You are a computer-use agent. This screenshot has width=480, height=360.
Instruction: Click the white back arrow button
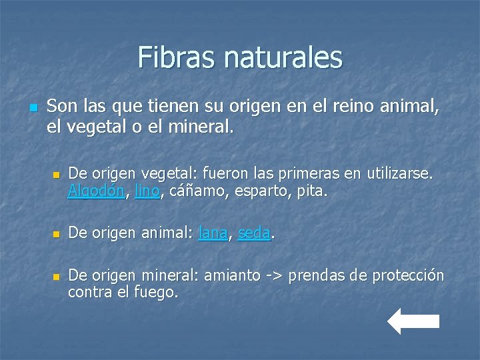pyautogui.click(x=413, y=321)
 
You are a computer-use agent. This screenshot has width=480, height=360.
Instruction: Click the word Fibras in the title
pyautogui.click(x=177, y=57)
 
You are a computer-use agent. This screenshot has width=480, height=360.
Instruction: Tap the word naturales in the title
pyautogui.click(x=283, y=57)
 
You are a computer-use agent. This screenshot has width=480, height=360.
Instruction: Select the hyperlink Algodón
pyautogui.click(x=96, y=192)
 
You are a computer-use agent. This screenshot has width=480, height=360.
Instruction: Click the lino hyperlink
pyautogui.click(x=147, y=192)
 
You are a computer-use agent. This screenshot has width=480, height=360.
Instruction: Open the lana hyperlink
pyautogui.click(x=213, y=234)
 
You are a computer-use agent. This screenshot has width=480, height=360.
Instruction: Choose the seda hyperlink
pyautogui.click(x=254, y=234)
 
